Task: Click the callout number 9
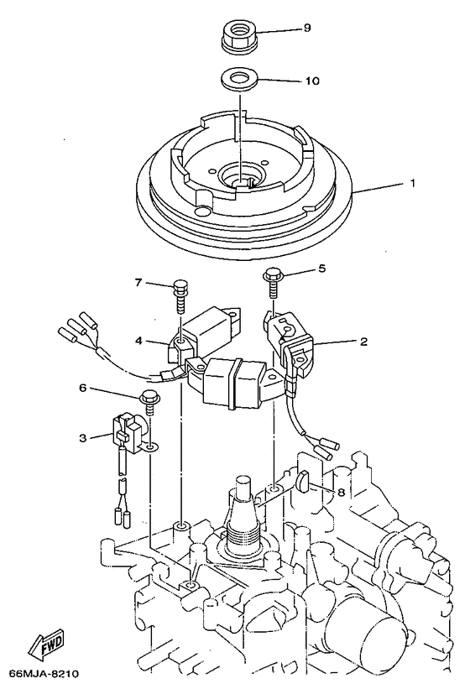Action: point(307,29)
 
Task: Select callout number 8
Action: point(341,493)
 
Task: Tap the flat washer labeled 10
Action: point(239,82)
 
